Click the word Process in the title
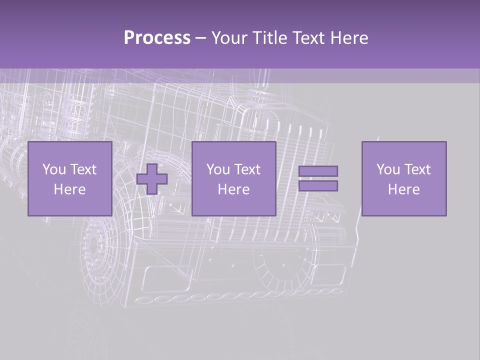pos(157,38)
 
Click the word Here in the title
pos(349,38)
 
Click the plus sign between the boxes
pos(152,178)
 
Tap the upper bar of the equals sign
pos(318,171)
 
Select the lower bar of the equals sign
pos(318,186)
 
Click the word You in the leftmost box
pos(53,169)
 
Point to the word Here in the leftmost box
pos(69,189)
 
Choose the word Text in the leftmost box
pos(82,169)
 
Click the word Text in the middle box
pos(246,169)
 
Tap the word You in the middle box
pos(217,169)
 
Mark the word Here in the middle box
pos(233,189)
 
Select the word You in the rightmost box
pos(387,169)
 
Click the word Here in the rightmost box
pos(403,189)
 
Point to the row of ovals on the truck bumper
pos(240,296)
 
